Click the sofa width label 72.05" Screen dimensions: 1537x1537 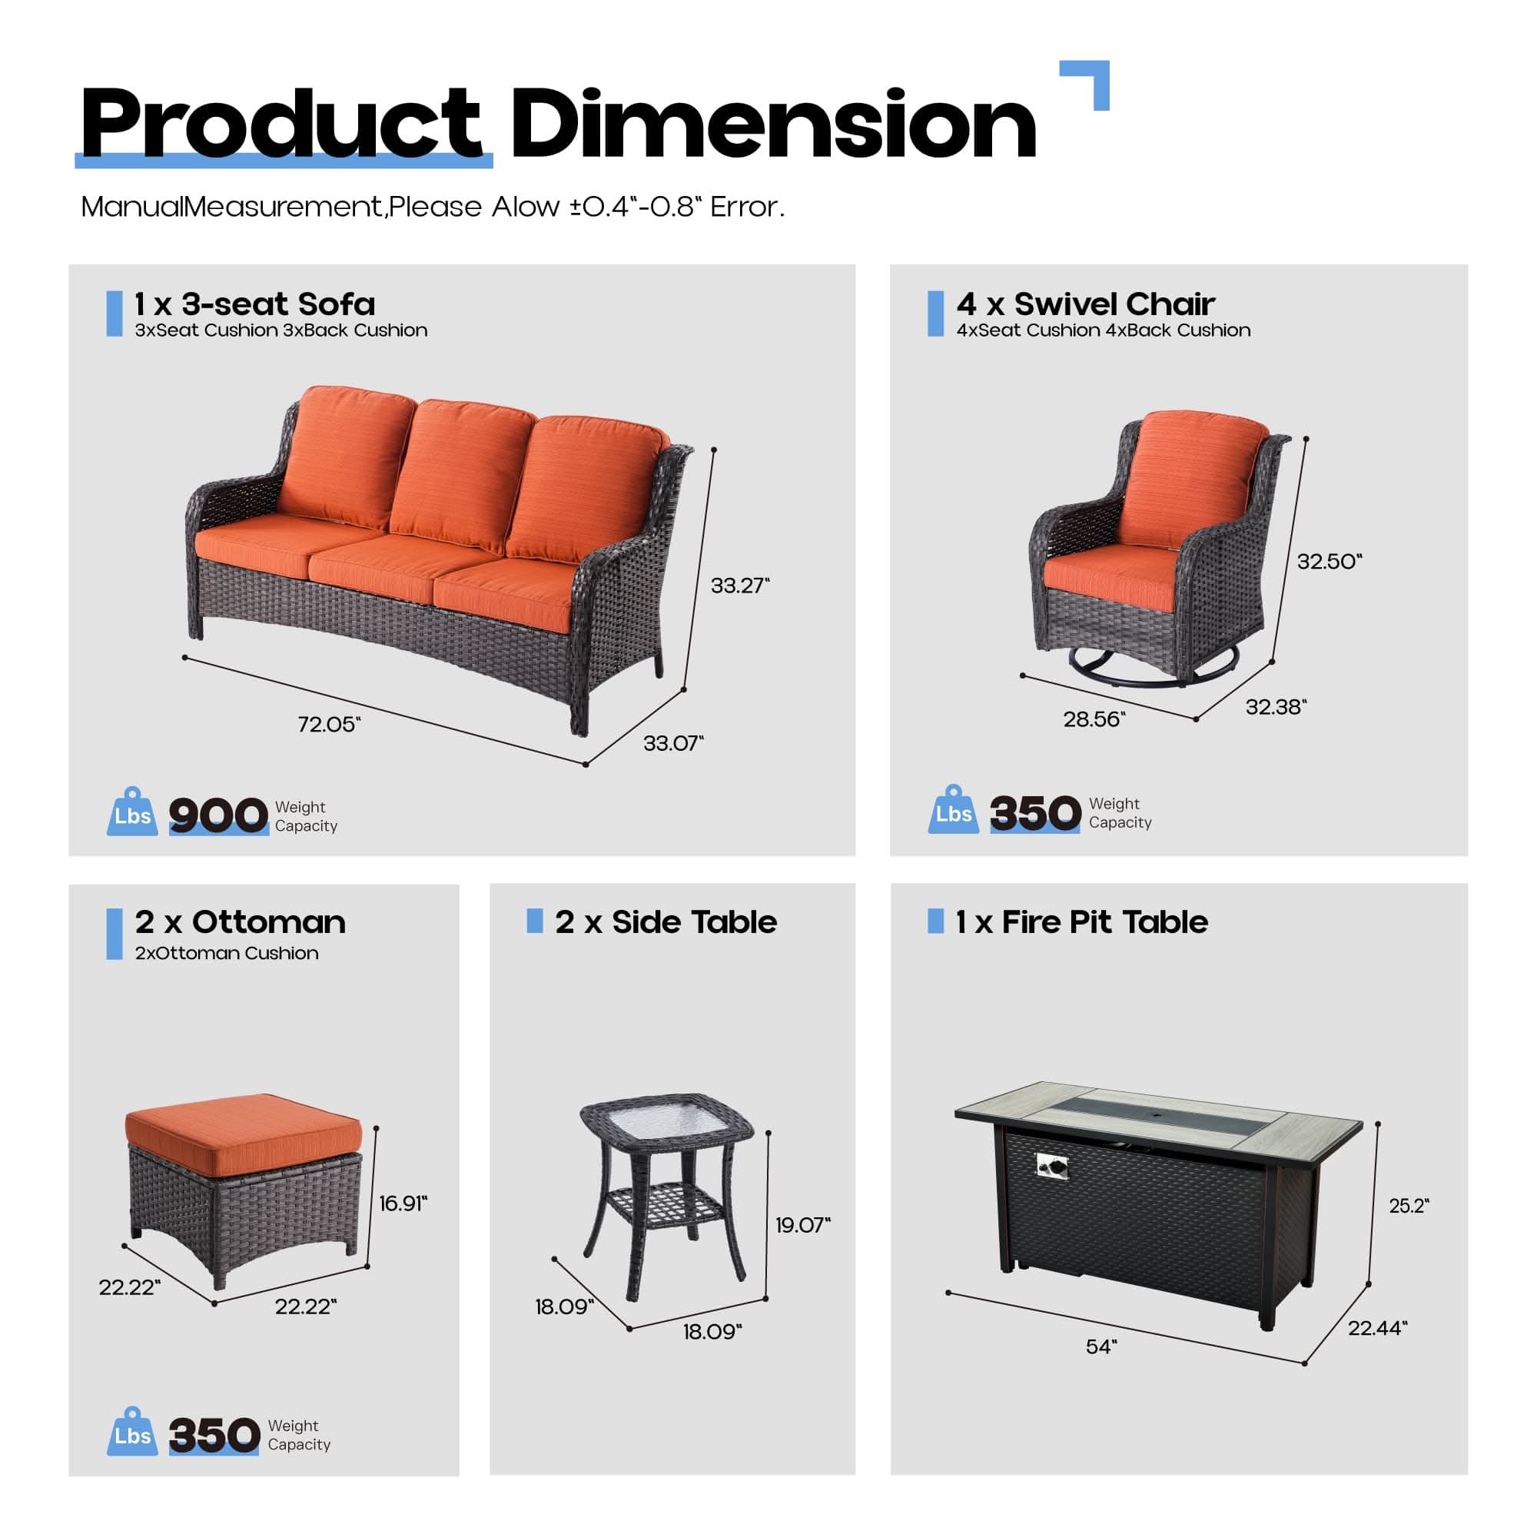pyautogui.click(x=329, y=724)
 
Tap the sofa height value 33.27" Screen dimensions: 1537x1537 pyautogui.click(x=740, y=586)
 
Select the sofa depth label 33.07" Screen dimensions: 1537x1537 pyautogui.click(x=673, y=743)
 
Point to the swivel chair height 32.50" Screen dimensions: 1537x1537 pyautogui.click(x=1330, y=561)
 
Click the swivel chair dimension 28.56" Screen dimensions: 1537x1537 pyautogui.click(x=1094, y=719)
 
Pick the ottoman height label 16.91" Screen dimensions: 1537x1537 pyautogui.click(x=403, y=1203)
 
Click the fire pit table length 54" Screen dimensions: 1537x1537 pyautogui.click(x=1101, y=1346)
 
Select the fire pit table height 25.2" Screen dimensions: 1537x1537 pyautogui.click(x=1409, y=1205)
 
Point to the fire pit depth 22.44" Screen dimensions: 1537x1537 pyautogui.click(x=1377, y=1327)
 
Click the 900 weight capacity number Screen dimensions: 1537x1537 pyautogui.click(x=218, y=815)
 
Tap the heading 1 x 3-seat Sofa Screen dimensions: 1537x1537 pyautogui.click(x=254, y=304)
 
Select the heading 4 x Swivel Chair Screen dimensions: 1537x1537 pyautogui.click(x=1086, y=304)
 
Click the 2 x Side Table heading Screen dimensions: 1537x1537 pyautogui.click(x=666, y=922)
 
